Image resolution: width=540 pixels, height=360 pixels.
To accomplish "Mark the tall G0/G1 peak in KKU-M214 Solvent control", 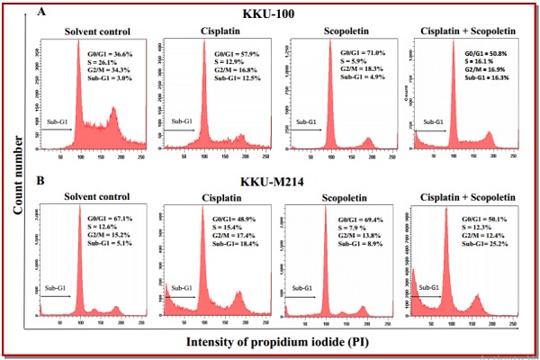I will point(80,261).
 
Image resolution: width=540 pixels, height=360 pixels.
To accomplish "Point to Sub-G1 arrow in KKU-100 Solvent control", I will point(59,128).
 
